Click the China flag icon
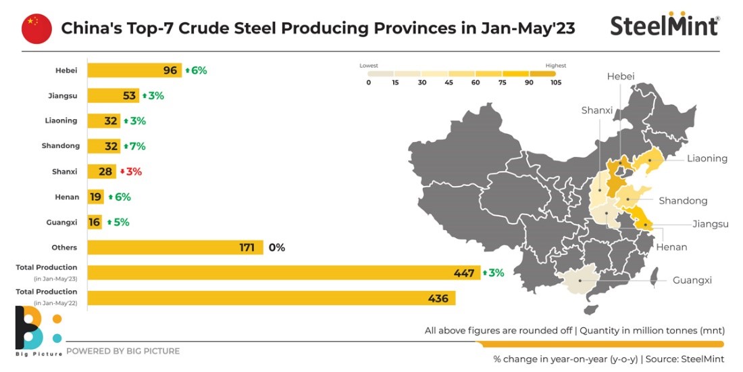(36, 28)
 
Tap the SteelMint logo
(665, 24)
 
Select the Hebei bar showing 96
(134, 70)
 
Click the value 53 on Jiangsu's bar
(130, 95)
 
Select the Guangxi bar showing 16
(95, 222)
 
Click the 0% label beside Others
(277, 248)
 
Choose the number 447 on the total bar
(465, 273)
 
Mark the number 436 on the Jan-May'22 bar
(440, 298)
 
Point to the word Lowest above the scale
(369, 66)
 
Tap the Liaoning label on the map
(707, 158)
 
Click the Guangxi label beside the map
(692, 280)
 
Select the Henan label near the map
(671, 247)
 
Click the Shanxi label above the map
(596, 110)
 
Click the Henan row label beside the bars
(68, 197)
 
